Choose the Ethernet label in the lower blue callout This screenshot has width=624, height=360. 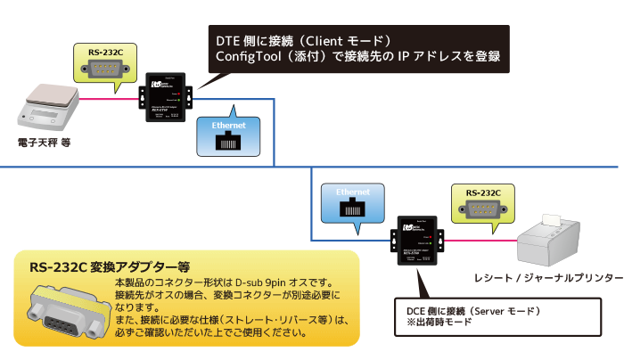click(x=353, y=192)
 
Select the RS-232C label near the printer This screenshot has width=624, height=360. click(x=482, y=192)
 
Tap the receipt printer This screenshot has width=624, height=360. click(x=561, y=238)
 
